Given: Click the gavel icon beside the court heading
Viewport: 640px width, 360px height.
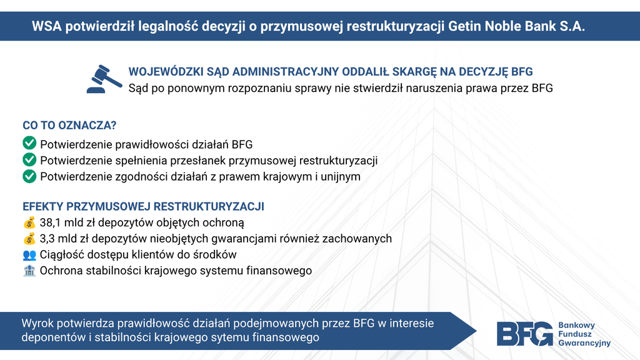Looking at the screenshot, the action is pos(104,79).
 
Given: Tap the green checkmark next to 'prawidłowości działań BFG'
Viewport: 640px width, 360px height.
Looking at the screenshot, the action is pos(29,143).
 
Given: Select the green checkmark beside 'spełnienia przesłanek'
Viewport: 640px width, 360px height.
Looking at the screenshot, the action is pos(29,159).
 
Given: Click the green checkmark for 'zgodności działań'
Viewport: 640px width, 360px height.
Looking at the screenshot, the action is pos(29,176).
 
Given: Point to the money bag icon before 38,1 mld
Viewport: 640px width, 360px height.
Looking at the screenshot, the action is pos(29,222).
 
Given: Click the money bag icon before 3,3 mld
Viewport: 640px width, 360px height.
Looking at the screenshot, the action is pos(29,238).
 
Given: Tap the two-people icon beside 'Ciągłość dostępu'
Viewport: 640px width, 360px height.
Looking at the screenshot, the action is pos(29,255).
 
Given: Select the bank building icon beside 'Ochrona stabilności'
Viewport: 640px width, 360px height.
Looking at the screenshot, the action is pos(29,271).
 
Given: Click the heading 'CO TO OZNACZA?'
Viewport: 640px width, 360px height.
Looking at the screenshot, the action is pos(69,125).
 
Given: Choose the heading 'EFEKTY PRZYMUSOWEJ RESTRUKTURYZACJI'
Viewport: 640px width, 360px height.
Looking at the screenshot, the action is pos(143,206).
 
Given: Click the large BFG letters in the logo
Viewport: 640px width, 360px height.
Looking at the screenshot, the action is pos(525,334).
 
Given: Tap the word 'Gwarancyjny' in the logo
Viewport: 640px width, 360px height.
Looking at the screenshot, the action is pos(584,343).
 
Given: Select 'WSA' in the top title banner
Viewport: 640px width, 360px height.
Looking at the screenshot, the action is pos(46,26).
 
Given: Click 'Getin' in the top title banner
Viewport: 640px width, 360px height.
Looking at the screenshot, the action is pos(464,26).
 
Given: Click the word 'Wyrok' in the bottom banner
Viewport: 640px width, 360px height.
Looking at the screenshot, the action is pos(37,324).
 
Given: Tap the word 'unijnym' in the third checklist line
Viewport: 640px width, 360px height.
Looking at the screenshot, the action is pos(341,177).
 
